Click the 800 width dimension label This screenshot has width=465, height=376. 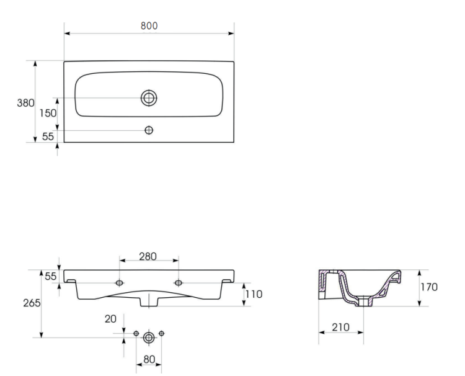point(149,25)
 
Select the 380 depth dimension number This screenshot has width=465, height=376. point(25,104)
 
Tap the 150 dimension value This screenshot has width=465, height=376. point(48,114)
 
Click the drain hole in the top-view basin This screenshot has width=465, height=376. point(149,97)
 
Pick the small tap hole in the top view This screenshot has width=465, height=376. point(149,130)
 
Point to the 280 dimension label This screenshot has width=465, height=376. point(148,256)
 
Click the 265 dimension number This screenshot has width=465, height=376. point(31,303)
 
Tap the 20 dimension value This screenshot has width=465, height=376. point(110,318)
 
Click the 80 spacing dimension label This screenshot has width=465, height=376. point(149,359)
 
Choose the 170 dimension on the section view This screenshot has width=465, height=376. point(429,287)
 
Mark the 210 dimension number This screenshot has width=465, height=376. point(340,327)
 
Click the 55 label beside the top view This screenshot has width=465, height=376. point(48,137)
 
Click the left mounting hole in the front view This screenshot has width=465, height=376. point(119,283)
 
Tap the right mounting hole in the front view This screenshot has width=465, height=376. point(179,283)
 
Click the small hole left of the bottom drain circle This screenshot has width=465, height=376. point(136,334)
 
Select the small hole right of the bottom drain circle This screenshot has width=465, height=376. point(161,334)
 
